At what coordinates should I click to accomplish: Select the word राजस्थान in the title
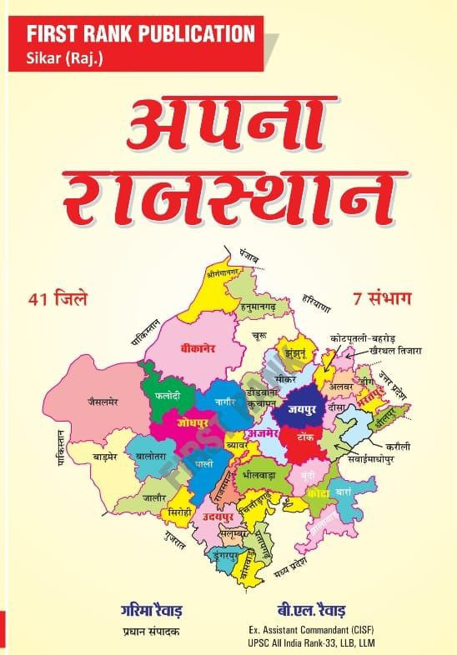pos(228,197)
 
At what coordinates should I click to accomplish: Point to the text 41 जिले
pos(63,297)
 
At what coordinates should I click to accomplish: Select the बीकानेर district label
pos(198,349)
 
